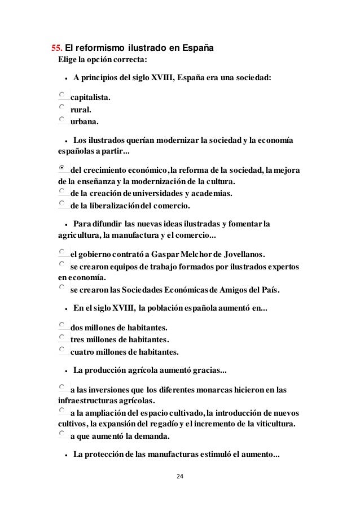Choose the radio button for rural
[62, 108]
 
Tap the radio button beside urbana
[62, 120]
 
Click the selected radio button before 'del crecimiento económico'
[62, 168]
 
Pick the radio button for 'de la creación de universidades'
[62, 192]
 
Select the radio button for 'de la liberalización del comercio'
[62, 203]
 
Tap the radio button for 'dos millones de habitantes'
[62, 325]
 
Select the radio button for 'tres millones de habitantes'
[62, 337]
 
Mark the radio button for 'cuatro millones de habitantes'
[62, 349]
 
